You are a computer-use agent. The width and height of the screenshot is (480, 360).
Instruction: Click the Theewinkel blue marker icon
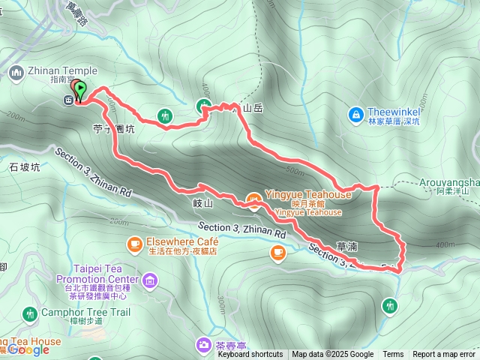[x=357, y=115]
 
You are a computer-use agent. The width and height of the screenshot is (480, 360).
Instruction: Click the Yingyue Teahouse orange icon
[x=254, y=199]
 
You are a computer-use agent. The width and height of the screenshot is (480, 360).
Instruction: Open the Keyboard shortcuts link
[x=250, y=355]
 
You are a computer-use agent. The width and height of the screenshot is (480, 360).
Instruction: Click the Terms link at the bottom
[x=393, y=355]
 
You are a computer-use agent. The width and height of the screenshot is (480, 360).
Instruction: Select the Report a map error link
[x=444, y=355]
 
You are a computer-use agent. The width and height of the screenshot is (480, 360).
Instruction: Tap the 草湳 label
[x=346, y=245]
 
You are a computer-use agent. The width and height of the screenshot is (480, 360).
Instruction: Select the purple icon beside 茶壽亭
[x=204, y=345]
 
